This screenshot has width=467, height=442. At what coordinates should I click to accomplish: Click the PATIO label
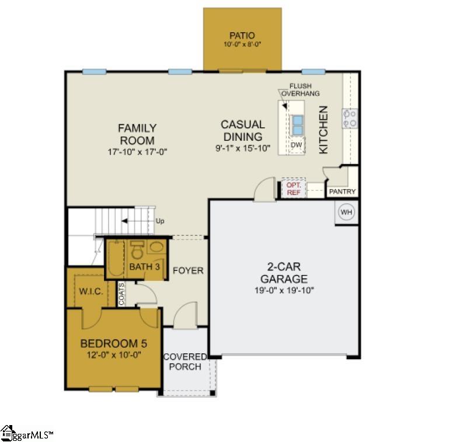tap(242, 36)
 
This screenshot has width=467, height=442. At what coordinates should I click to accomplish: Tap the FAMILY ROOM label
tap(137, 134)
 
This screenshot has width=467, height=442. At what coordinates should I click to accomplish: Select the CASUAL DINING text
tap(242, 130)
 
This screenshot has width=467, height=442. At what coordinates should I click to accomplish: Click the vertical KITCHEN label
tap(323, 130)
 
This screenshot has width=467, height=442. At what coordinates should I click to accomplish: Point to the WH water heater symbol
tap(347, 212)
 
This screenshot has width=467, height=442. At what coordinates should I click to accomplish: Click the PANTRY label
tap(342, 192)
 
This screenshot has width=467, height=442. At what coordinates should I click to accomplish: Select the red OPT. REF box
tap(293, 188)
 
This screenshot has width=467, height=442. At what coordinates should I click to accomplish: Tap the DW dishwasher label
tap(297, 145)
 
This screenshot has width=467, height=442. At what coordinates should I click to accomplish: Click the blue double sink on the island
tap(297, 124)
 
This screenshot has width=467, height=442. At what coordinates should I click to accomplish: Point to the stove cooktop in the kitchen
tap(350, 119)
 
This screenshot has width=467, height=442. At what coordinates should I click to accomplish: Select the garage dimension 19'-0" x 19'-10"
tap(284, 290)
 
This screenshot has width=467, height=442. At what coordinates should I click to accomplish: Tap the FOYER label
tap(189, 270)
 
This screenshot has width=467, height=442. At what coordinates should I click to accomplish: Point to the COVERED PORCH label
tap(184, 361)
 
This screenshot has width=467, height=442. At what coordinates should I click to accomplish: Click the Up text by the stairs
tap(160, 221)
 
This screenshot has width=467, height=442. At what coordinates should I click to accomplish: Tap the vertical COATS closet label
tap(122, 294)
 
